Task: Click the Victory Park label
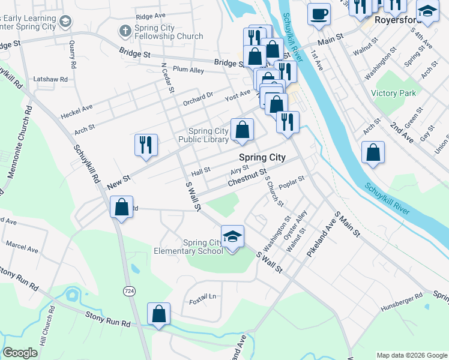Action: [x=393, y=93]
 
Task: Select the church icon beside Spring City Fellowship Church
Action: [x=125, y=30]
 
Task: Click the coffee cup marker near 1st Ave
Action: [x=319, y=13]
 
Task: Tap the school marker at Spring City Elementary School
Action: [x=232, y=237]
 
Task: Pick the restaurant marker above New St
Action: [x=146, y=145]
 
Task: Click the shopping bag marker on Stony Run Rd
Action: [x=159, y=314]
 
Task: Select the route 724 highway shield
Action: [x=128, y=290]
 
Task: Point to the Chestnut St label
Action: [x=246, y=176]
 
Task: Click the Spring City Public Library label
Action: [x=208, y=135]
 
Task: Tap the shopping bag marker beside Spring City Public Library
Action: [x=242, y=130]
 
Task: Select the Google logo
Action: [x=20, y=353]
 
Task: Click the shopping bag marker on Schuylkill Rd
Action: [x=122, y=208]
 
